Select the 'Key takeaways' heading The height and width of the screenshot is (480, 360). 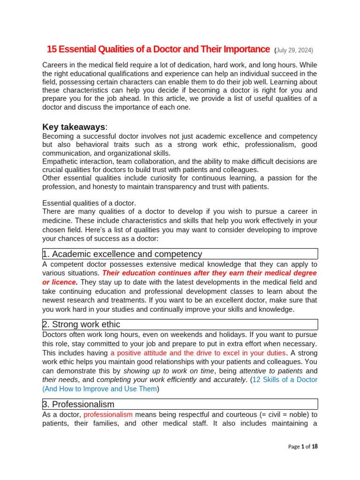click(x=74, y=127)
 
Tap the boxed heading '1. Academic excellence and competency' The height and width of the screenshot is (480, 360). click(x=122, y=254)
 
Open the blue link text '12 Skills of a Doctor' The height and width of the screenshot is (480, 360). click(x=285, y=380)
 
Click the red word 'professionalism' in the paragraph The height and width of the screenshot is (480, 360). click(x=108, y=414)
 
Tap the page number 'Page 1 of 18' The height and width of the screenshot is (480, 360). click(x=302, y=447)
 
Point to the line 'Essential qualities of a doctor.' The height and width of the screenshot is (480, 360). click(x=89, y=203)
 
